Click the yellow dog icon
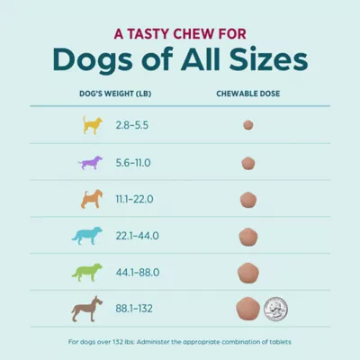[92, 125]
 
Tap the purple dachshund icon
[90, 163]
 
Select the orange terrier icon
[92, 199]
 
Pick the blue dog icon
[87, 236]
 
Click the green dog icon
[87, 273]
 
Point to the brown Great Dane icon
[87, 309]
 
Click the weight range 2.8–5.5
[132, 125]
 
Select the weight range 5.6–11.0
[133, 163]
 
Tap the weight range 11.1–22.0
[134, 199]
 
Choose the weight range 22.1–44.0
[137, 236]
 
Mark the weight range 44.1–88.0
[138, 273]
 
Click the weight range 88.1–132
[134, 309]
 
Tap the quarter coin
[275, 309]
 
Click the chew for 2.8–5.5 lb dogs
[248, 125]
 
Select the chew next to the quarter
[247, 309]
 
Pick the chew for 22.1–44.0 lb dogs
[248, 237]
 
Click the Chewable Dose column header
[248, 94]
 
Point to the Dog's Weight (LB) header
[115, 94]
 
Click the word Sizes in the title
[268, 59]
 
